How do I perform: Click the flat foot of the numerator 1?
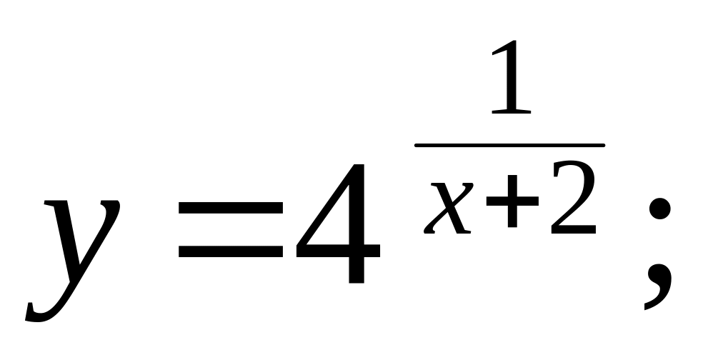[512, 112]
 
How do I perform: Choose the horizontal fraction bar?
[509, 145]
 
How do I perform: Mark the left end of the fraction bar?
[417, 145]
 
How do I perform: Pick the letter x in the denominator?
[449, 207]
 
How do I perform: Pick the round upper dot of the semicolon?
[658, 209]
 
